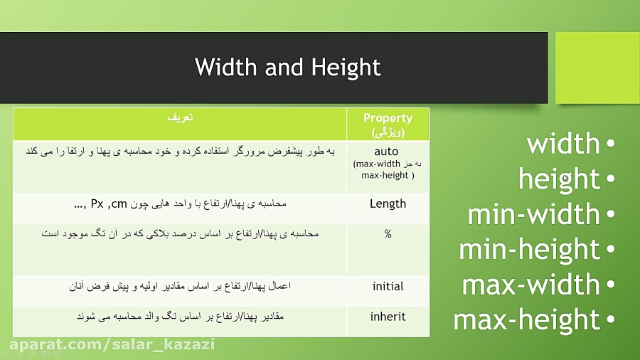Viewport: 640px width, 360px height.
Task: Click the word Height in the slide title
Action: tap(346, 68)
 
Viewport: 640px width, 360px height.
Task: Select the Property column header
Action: tap(388, 125)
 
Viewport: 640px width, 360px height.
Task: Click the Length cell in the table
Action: tap(388, 203)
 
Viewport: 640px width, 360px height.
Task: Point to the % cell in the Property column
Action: tap(388, 234)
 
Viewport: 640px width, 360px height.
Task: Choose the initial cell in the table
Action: tap(388, 286)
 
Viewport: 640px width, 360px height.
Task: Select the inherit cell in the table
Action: tap(388, 317)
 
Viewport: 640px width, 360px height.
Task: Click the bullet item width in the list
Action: tap(563, 144)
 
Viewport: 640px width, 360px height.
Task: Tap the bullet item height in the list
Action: tap(559, 179)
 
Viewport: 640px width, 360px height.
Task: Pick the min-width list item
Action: tap(533, 214)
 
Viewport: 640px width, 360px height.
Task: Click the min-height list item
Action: tap(529, 249)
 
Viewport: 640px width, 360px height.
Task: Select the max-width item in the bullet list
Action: tap(531, 285)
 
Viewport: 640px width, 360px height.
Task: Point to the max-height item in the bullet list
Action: tap(527, 319)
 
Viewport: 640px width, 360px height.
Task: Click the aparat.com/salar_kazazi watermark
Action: tap(111, 345)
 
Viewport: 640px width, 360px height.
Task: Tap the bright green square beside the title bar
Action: tap(597, 68)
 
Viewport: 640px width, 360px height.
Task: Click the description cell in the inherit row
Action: tap(180, 316)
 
